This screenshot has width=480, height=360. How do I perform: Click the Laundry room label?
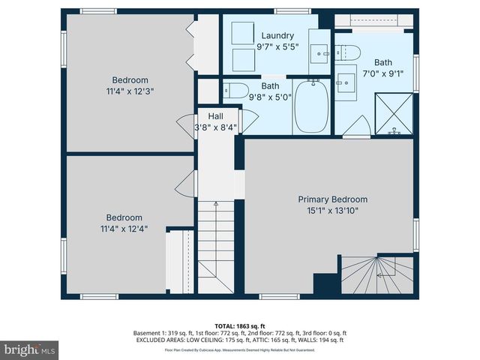(x=277, y=35)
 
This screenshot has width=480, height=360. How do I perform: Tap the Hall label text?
(x=215, y=116)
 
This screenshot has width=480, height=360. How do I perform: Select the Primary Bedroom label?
(x=333, y=199)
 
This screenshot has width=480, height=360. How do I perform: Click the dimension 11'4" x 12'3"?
(x=130, y=91)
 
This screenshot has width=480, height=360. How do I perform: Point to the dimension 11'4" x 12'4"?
(x=123, y=229)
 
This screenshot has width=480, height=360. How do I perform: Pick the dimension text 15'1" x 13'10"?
(x=333, y=211)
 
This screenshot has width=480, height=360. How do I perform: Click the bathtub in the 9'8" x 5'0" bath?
(x=310, y=106)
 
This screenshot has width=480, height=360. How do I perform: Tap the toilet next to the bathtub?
(x=236, y=91)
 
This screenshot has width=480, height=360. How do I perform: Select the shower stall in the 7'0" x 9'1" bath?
(x=393, y=113)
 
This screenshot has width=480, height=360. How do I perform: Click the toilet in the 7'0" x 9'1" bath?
(x=349, y=52)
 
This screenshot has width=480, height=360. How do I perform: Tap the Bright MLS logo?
(x=30, y=349)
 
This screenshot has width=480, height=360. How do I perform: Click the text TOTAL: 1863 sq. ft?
(x=240, y=326)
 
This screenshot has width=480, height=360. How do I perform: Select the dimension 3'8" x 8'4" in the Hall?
(x=215, y=127)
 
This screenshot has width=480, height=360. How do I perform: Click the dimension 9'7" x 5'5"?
(x=277, y=46)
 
